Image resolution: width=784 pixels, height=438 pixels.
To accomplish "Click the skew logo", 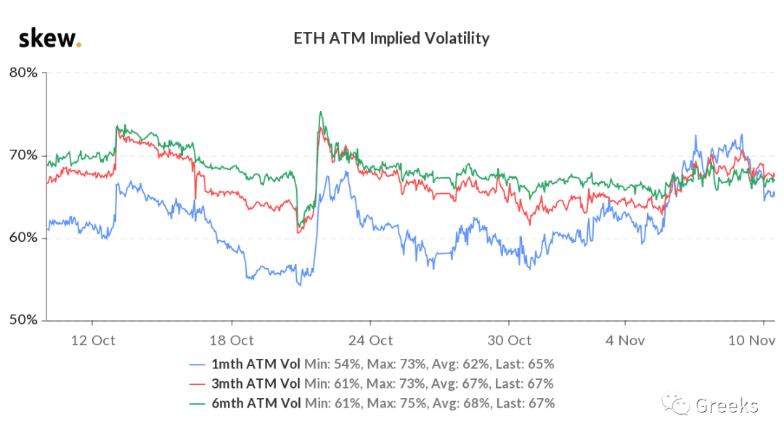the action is coord(50,38).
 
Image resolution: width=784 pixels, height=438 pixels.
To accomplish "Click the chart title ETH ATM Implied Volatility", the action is coord(391,38).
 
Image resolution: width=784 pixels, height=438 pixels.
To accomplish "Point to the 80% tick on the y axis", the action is coord(23,73).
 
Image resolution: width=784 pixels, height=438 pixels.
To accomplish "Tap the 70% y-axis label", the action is coord(23,155).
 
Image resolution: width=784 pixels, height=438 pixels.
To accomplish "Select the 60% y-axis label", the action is coord(23,238).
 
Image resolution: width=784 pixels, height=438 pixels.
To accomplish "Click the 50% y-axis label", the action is coord(23,320).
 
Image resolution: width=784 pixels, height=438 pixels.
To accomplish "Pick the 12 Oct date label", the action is coord(93,341).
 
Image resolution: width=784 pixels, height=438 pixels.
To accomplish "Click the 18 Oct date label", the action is coord(232,341).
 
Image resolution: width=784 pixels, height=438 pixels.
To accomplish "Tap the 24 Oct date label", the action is coord(370,341).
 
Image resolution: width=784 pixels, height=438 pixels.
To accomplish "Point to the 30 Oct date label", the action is coord(510,341).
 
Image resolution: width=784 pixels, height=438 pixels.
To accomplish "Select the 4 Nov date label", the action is coord(625,341).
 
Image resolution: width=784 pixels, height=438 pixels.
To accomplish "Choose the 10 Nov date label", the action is coord(751,341).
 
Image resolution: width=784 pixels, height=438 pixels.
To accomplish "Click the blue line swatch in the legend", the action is coord(197,365).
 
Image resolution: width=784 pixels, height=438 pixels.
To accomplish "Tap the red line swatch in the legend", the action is coord(197,384).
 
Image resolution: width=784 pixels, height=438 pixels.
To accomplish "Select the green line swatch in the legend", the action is coord(197,404).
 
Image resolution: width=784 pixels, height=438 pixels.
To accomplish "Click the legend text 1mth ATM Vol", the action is coord(256,365).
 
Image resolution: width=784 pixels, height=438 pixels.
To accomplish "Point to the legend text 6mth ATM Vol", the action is coord(256,403).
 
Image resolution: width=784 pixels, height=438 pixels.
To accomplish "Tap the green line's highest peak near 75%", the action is coord(321,112).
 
